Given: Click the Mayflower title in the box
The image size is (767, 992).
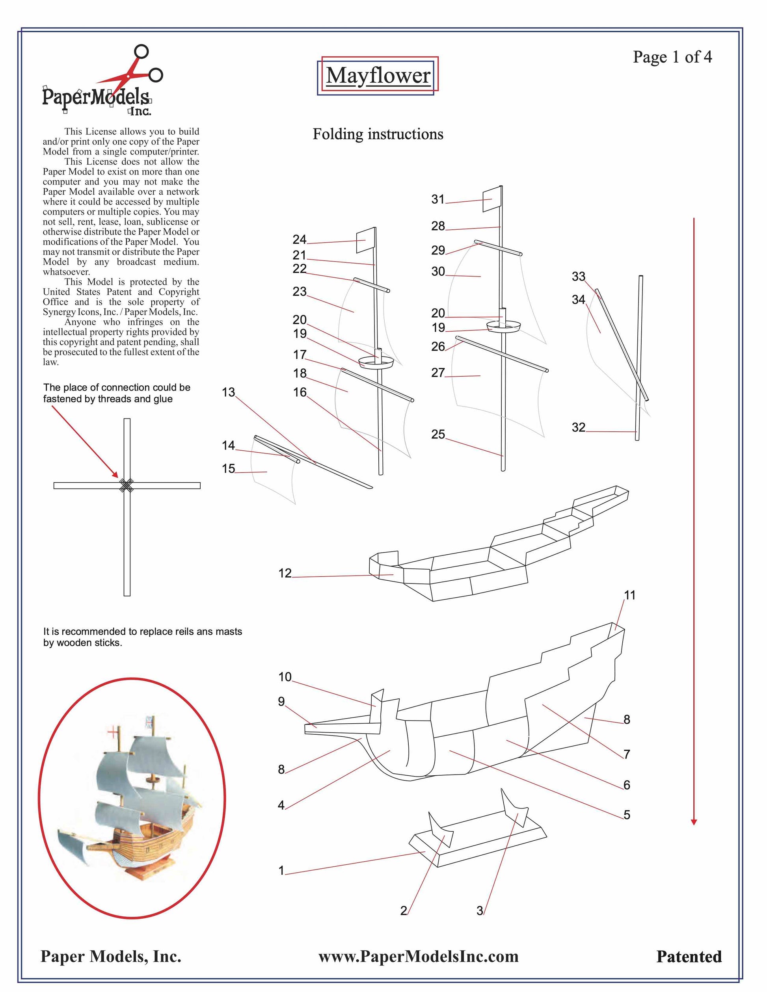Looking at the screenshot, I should coord(378,75).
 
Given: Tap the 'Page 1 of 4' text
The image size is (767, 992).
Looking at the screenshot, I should coord(672,57).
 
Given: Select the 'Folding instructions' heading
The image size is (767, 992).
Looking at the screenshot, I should coord(378,134).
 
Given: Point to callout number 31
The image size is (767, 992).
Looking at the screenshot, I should coord(437,199).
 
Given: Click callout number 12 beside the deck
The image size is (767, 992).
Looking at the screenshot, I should coord(285,573).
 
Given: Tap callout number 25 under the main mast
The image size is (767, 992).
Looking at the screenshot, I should coord(438,434).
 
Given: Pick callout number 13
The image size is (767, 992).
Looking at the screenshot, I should coord(228,392).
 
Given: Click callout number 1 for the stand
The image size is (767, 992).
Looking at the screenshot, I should coord(281,870).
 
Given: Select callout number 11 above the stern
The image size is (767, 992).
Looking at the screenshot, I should coord(630,595).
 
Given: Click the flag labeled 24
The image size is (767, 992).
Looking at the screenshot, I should coord(365,241).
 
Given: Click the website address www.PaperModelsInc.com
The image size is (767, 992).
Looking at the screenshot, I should coord(418,956).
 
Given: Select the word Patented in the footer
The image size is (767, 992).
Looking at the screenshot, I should coord(689,957).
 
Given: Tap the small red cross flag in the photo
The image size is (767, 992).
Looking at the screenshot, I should coord(112,732).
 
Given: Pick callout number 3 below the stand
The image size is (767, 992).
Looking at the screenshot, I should coord(480,911).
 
